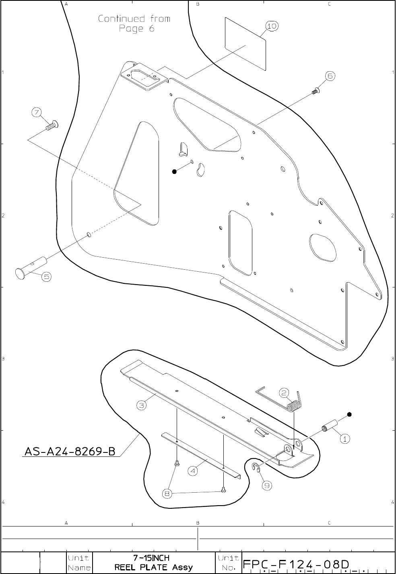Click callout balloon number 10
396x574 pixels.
tap(272, 26)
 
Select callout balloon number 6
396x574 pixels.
tap(329, 76)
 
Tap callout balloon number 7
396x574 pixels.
tap(37, 112)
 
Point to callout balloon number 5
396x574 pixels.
tap(46, 277)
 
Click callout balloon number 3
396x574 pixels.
tap(141, 405)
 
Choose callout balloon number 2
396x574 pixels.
tap(284, 393)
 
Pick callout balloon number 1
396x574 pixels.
tap(345, 439)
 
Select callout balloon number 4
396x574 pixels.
tap(193, 471)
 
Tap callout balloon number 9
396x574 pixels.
tap(266, 486)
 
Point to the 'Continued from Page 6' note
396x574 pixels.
tap(134, 23)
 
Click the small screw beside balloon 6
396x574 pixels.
tap(315, 91)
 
